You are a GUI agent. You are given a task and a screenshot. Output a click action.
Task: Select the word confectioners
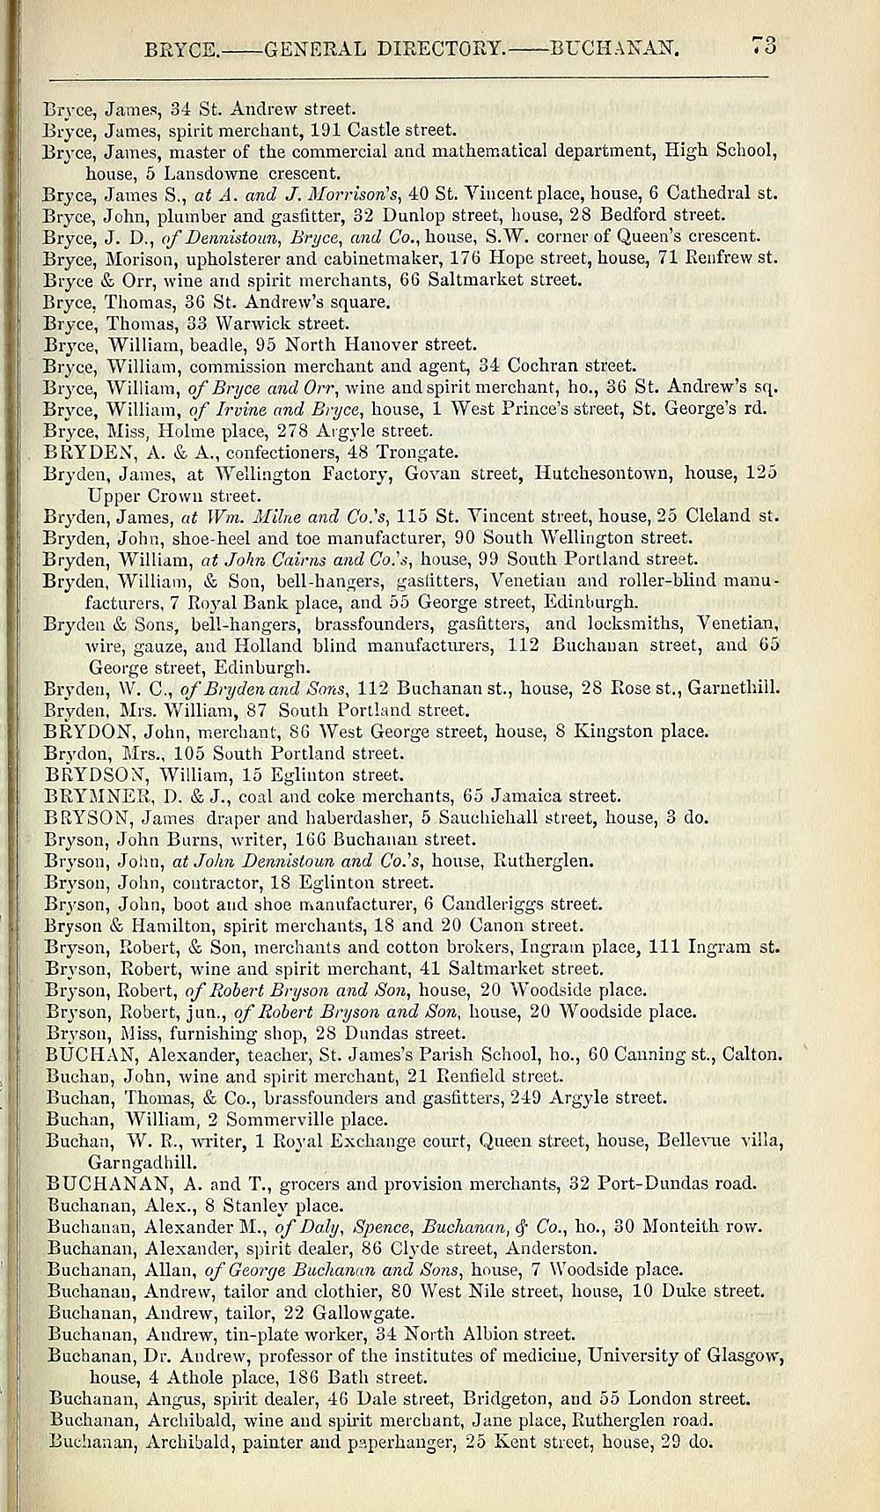coord(279,453)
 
